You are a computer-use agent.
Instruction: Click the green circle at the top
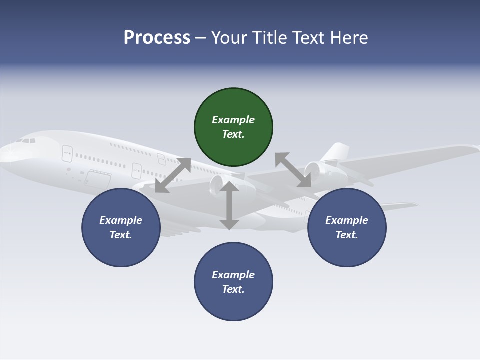[233, 127]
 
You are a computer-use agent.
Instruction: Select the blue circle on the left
[121, 227]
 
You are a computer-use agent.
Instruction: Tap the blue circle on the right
[347, 227]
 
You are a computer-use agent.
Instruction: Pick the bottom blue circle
[233, 282]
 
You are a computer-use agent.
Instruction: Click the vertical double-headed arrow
[229, 205]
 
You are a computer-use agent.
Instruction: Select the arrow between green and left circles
[173, 175]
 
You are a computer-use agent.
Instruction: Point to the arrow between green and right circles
[293, 170]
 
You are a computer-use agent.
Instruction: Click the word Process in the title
[157, 37]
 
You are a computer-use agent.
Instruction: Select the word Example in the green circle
[233, 120]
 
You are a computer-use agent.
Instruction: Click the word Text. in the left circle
[121, 235]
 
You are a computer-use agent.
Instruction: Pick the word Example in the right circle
[347, 220]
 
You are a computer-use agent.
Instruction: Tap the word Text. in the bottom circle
[233, 289]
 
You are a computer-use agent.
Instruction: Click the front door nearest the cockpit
[67, 153]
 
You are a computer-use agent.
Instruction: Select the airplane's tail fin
[336, 152]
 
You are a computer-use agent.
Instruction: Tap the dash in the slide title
[201, 37]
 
